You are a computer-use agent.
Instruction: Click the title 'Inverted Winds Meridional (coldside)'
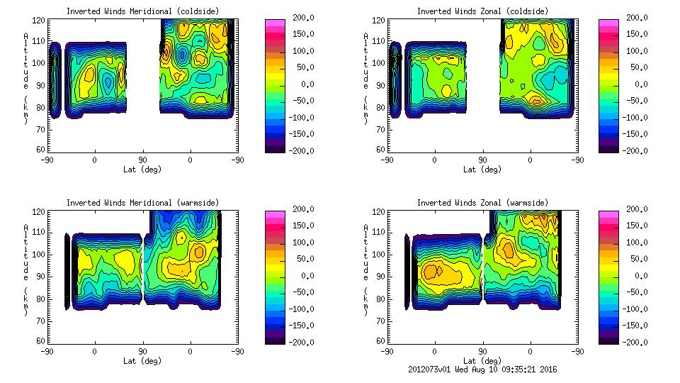[x=142, y=11]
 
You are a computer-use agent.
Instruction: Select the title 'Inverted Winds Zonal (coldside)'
[x=482, y=11]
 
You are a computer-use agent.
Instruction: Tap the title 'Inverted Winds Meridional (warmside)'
[x=142, y=203]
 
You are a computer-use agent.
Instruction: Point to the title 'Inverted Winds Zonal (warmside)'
[x=482, y=203]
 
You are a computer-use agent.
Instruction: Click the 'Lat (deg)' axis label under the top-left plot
[x=142, y=170]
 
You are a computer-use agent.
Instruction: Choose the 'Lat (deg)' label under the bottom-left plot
[x=142, y=361]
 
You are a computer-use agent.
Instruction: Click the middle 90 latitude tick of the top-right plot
[x=482, y=160]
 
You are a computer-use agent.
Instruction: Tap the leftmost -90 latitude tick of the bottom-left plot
[x=47, y=351]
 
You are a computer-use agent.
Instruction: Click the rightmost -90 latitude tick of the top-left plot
[x=238, y=160]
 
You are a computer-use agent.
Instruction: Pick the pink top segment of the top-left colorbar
[x=275, y=23]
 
